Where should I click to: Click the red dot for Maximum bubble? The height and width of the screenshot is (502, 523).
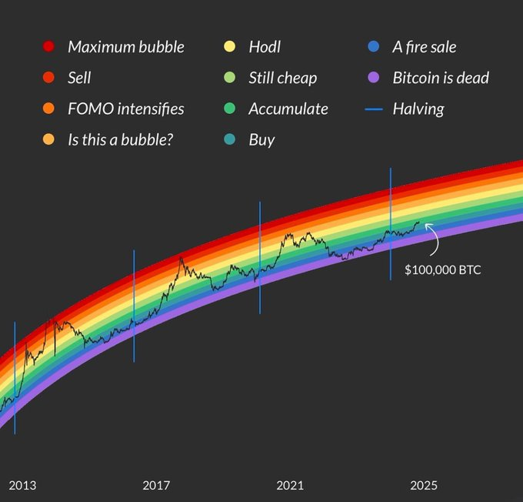point(49,47)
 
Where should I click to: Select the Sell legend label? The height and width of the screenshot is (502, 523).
point(79,78)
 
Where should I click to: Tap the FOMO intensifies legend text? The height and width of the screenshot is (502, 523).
point(125,109)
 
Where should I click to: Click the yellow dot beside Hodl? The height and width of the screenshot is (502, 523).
point(228,47)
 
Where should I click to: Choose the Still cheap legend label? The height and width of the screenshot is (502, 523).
point(282,78)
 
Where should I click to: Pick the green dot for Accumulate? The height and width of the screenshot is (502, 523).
point(228,109)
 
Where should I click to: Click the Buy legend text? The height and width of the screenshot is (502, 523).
point(261,139)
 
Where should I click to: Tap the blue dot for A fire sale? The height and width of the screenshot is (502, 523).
point(373,47)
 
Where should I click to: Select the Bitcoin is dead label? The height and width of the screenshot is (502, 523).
point(440,78)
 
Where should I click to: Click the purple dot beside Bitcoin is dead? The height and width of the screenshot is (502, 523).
point(373,78)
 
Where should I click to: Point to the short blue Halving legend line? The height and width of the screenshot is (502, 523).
point(374,109)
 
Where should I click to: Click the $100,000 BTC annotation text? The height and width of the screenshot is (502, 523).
point(442,270)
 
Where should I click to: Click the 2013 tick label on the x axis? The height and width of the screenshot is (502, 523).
point(22,485)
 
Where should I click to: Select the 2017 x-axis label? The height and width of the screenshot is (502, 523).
point(156,485)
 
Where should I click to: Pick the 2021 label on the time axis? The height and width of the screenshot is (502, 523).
point(290,485)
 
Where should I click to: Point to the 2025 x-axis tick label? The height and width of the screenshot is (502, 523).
point(424,485)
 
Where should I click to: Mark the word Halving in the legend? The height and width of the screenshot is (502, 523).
point(418,109)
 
